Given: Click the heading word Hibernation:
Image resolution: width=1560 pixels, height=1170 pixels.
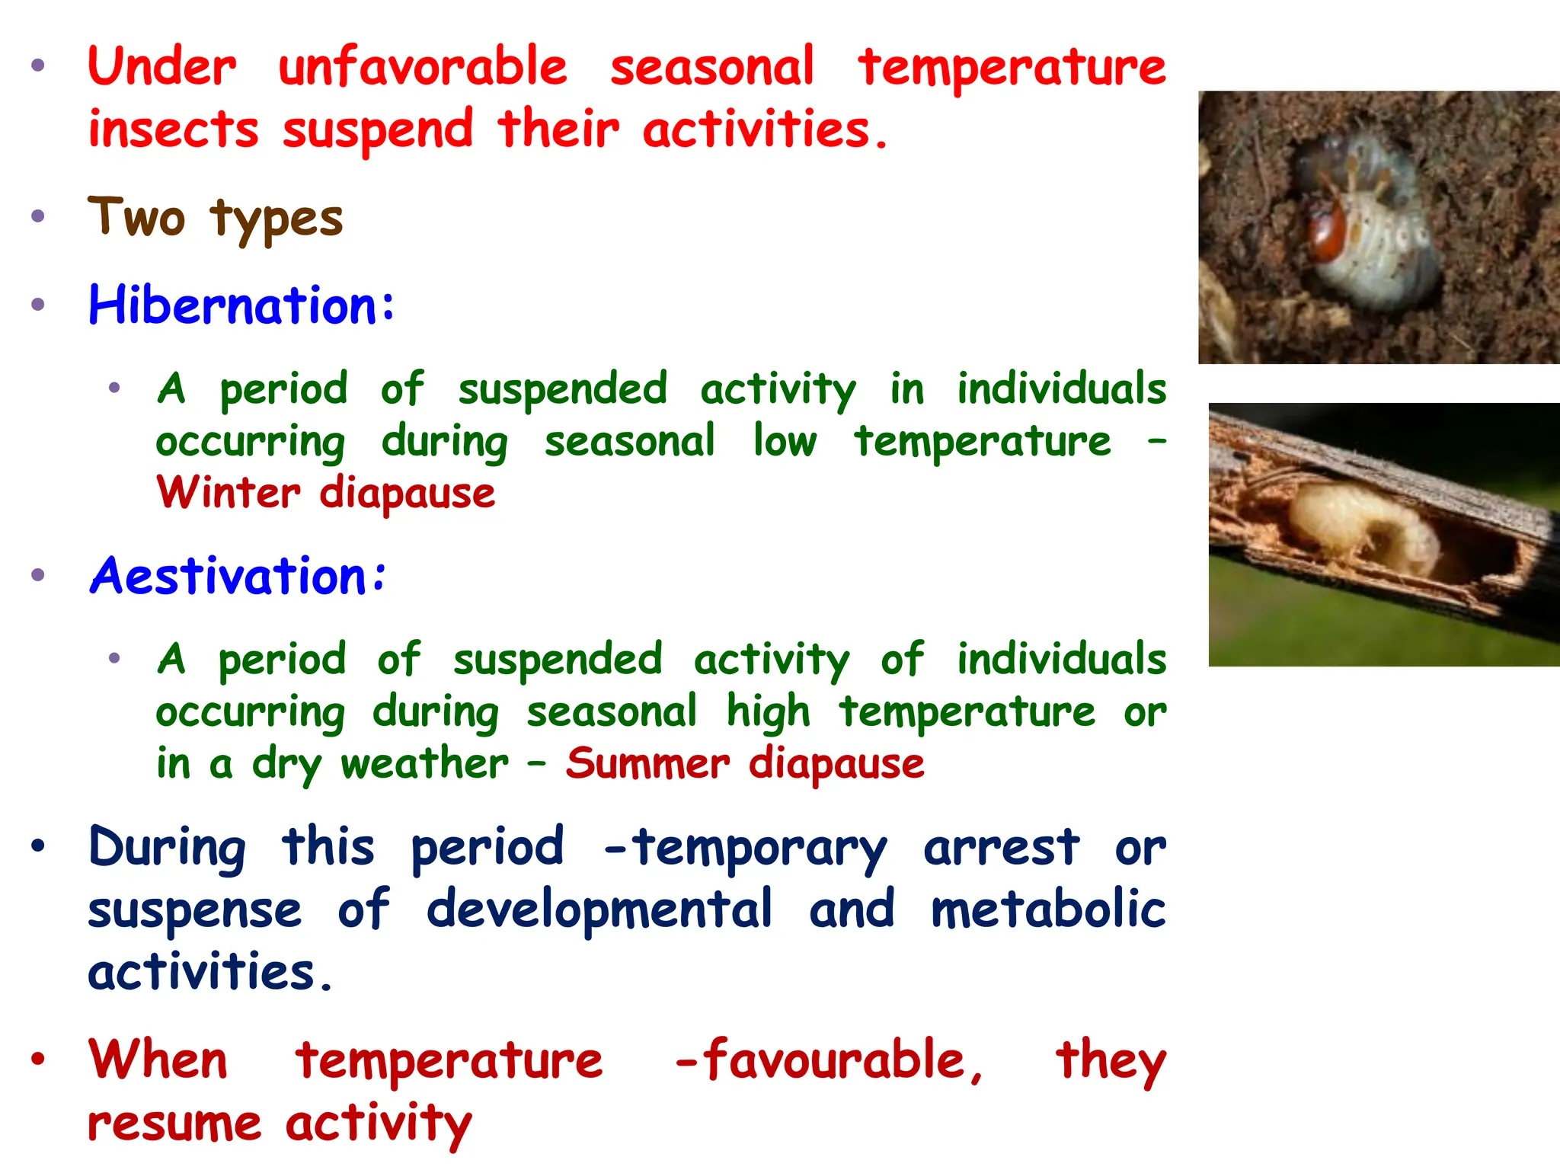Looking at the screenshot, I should (241, 305).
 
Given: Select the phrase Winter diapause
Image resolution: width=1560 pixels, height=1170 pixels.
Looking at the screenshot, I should (326, 493).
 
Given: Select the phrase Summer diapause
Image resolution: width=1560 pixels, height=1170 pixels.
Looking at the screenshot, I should (745, 763).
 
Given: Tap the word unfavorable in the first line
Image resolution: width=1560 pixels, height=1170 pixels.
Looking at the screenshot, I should (423, 67).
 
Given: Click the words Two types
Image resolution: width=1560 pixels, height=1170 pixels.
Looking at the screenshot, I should (216, 219).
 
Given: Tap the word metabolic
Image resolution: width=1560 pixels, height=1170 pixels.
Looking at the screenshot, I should (1047, 909).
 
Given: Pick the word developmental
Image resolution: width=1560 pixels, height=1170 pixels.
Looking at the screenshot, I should (599, 909).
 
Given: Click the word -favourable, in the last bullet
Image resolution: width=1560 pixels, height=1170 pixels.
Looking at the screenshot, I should (829, 1060).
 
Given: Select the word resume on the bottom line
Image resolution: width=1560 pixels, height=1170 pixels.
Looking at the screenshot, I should (174, 1124).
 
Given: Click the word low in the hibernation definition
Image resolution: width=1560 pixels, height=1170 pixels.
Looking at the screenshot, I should (785, 441).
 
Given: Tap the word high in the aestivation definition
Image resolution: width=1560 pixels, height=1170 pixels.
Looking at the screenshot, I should (768, 712).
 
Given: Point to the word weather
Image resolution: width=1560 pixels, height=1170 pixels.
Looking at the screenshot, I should (424, 763).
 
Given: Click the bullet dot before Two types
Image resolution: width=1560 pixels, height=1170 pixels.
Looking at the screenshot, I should (38, 216).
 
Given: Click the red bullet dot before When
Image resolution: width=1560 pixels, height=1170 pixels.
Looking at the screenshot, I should (38, 1059).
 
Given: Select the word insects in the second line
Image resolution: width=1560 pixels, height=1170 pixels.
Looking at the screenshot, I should (174, 129).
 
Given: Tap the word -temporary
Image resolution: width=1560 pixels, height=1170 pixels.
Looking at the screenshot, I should (745, 847).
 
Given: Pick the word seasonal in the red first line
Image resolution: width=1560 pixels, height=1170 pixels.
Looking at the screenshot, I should (712, 67).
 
